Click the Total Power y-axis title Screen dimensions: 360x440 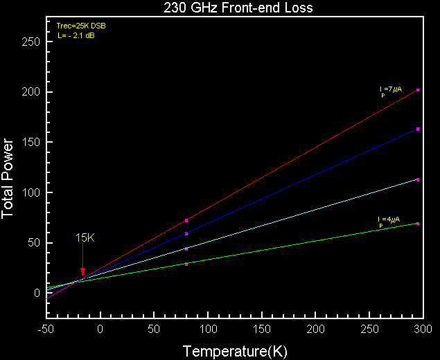(x=9, y=179)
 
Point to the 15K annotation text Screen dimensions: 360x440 (x=85, y=238)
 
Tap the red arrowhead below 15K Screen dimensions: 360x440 (x=82, y=272)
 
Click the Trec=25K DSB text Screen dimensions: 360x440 (x=81, y=26)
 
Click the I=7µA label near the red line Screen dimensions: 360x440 (x=390, y=89)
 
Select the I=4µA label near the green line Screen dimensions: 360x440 (x=389, y=220)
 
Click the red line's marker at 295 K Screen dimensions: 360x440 (x=418, y=90)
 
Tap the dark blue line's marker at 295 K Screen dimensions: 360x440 (x=418, y=129)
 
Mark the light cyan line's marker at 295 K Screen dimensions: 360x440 (x=418, y=179)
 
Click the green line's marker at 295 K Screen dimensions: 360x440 (x=418, y=224)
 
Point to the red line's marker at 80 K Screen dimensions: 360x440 (x=186, y=220)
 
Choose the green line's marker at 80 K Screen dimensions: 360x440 (x=186, y=264)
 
